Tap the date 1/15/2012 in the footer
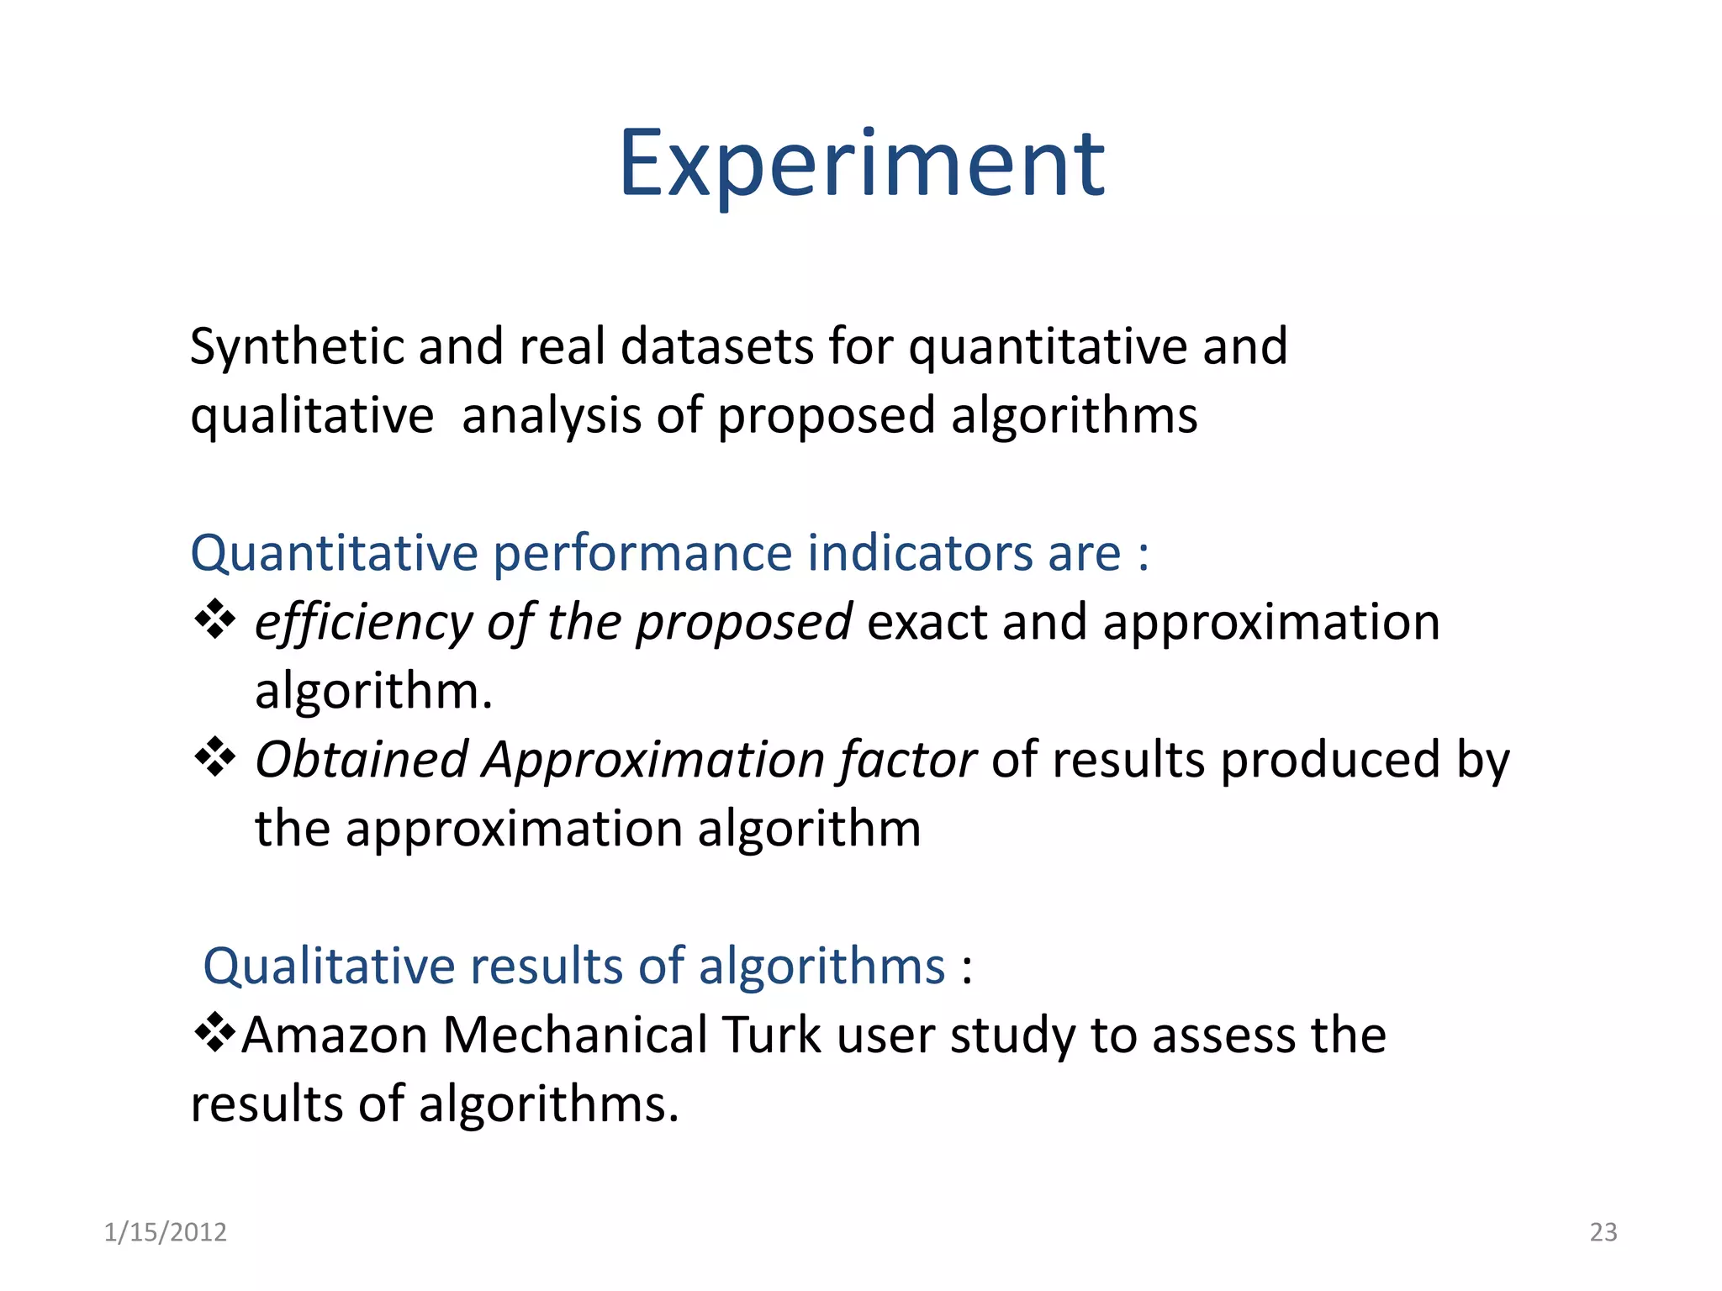165,1232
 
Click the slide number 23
1603,1232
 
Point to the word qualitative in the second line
312,416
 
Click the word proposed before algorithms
826,416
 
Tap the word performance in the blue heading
642,553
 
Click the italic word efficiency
363,624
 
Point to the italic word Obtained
362,760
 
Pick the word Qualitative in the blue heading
329,966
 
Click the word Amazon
335,1035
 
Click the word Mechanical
575,1035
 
